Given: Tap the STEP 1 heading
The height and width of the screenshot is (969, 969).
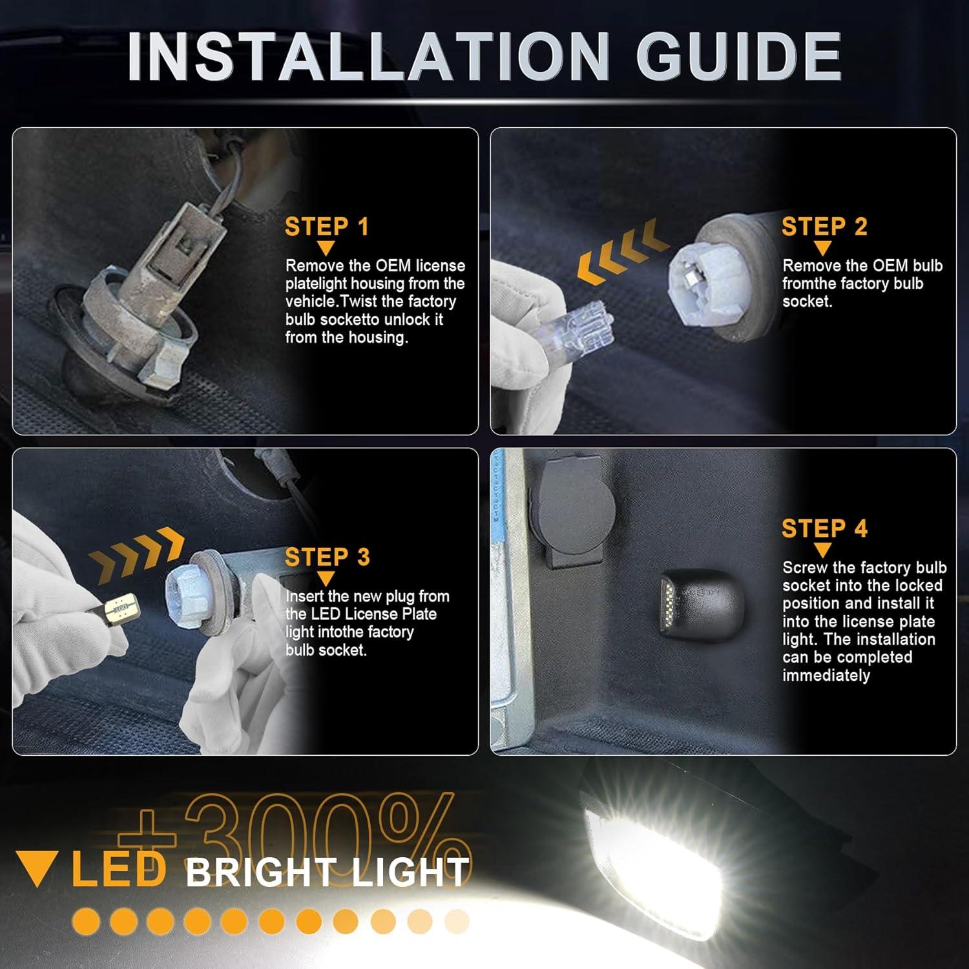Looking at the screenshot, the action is pyautogui.click(x=326, y=227).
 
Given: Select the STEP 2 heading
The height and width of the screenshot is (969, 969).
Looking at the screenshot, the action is pyautogui.click(x=824, y=227).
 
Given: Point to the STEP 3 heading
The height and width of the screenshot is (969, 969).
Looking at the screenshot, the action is pyautogui.click(x=327, y=557).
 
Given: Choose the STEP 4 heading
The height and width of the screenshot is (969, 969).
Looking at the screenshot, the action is pyautogui.click(x=824, y=528).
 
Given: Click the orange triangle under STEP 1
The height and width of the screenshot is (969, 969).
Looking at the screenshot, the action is pyautogui.click(x=326, y=249).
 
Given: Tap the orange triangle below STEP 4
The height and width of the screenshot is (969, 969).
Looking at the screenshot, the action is pyautogui.click(x=822, y=550).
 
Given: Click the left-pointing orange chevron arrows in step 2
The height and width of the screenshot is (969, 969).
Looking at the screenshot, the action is pyautogui.click(x=621, y=253).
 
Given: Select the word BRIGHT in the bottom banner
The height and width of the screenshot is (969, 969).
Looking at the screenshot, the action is pyautogui.click(x=261, y=873).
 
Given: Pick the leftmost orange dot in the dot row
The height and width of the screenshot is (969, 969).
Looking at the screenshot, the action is pyautogui.click(x=85, y=922).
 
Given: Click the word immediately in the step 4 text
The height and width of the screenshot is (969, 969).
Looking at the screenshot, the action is pyautogui.click(x=826, y=676).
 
